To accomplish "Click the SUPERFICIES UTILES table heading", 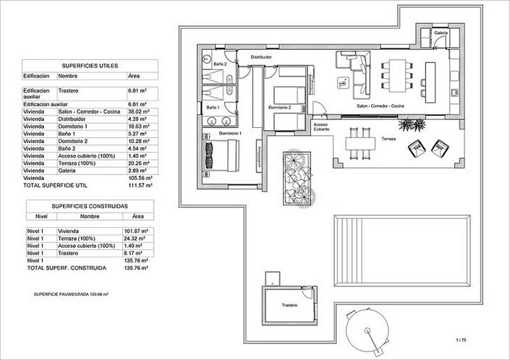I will coord(85,64).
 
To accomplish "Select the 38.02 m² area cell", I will coord(138,113).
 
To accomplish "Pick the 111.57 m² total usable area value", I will coord(139,185).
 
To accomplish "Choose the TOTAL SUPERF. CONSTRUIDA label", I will coord(67,268).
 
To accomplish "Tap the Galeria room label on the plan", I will coord(441,33).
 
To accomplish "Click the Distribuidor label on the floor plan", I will coord(261,56).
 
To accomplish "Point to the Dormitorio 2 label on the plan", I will coord(279,108).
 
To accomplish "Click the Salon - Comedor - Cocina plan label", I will coord(381,106).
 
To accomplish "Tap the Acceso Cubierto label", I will coord(321,127).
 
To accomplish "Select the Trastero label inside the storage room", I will coord(290,305).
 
